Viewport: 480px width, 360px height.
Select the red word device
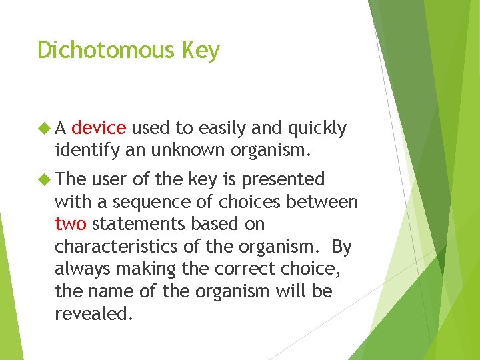pyautogui.click(x=98, y=128)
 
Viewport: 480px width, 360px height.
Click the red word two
pyautogui.click(x=70, y=224)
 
